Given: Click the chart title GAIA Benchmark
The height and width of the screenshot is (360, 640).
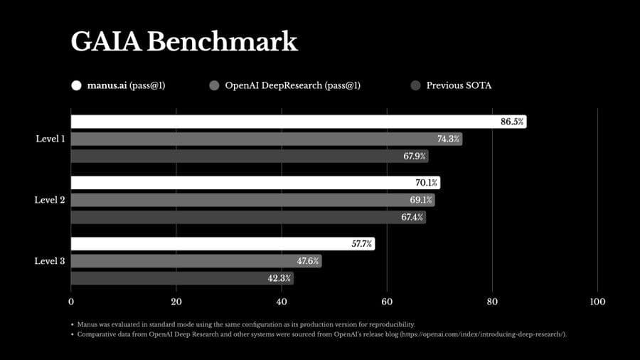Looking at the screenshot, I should (x=183, y=42).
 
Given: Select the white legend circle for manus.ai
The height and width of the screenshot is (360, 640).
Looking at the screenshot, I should (x=76, y=85).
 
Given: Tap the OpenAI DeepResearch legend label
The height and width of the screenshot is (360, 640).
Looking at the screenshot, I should (x=292, y=85).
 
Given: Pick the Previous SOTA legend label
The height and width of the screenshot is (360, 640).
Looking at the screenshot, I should (x=459, y=85).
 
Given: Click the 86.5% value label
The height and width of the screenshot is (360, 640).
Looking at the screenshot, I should (x=512, y=122).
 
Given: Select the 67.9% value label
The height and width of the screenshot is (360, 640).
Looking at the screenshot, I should (x=415, y=156).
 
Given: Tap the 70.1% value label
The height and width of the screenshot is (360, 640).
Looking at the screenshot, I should (x=426, y=183).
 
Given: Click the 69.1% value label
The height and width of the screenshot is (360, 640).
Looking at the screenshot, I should (x=420, y=200).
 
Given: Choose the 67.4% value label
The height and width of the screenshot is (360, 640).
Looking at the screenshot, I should (x=412, y=217).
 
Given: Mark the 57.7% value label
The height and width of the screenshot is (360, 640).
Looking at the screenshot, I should (x=361, y=244).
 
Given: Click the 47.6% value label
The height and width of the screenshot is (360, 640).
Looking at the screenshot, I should (x=308, y=261).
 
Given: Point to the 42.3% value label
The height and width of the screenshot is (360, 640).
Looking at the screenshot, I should (x=279, y=278).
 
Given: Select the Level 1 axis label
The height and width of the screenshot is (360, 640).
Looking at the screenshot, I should (x=50, y=139).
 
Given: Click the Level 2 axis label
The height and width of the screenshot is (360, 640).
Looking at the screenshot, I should (x=50, y=200).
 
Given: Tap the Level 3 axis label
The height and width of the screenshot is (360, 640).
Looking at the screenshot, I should (x=50, y=261).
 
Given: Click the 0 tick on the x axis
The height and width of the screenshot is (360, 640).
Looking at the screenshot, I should (x=71, y=302).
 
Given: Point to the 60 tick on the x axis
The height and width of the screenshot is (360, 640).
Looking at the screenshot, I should (x=387, y=302).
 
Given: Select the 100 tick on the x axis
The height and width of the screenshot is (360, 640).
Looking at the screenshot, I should (x=597, y=302).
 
